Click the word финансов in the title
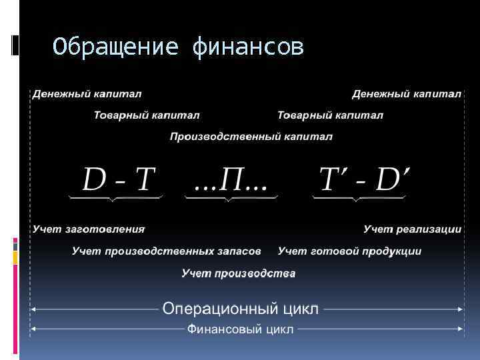[x=247, y=47]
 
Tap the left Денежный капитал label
[x=87, y=93]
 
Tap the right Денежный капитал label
[x=407, y=93]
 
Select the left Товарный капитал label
[x=146, y=115]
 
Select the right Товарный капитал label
[x=330, y=115]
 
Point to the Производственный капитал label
[x=251, y=137]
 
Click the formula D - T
[x=119, y=179]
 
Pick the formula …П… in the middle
[x=231, y=179]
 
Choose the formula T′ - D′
[x=364, y=179]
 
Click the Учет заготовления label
[x=89, y=229]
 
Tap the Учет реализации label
[x=412, y=229]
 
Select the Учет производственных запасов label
[x=167, y=251]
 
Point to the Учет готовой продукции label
[x=349, y=251]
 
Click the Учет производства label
[x=239, y=273]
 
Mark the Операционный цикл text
[x=241, y=309]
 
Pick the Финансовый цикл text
[x=240, y=329]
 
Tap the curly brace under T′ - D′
[x=359, y=198]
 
